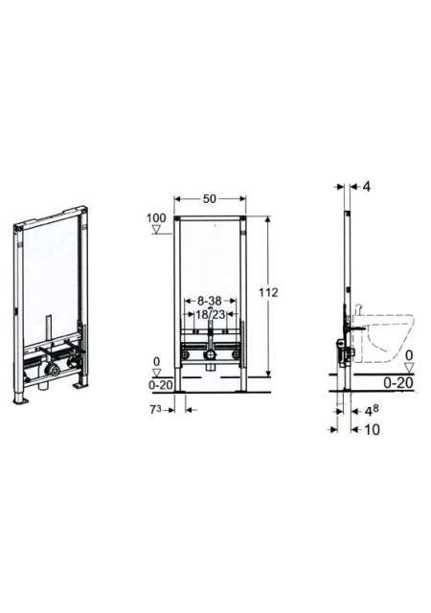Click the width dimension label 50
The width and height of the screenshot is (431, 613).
click(209, 199)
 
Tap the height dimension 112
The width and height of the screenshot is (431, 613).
click(268, 292)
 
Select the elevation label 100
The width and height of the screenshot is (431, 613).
click(156, 217)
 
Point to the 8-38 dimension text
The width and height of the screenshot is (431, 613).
click(210, 301)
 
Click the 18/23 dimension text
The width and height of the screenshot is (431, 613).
click(211, 313)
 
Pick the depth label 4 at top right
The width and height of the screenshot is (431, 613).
click(366, 187)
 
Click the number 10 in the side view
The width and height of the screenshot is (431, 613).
click(372, 430)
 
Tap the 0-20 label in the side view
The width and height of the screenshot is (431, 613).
click(397, 383)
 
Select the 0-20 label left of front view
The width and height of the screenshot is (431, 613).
click(160, 385)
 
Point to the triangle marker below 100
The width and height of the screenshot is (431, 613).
click(158, 230)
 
